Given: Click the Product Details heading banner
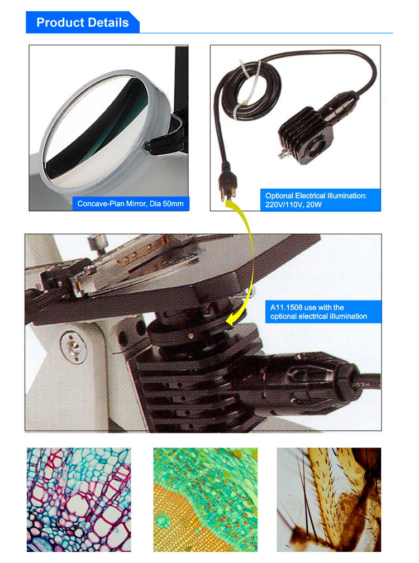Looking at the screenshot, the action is click(83, 22).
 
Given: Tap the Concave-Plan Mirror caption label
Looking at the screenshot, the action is click(130, 203).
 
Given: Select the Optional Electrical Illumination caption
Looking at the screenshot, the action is click(320, 200).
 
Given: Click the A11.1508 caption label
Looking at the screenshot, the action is click(323, 312).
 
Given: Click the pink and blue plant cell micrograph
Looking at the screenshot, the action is click(79, 499).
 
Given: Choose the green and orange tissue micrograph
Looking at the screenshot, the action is click(206, 499).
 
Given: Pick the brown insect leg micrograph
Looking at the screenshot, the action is click(329, 499).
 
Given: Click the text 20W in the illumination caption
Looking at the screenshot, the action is click(314, 204).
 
